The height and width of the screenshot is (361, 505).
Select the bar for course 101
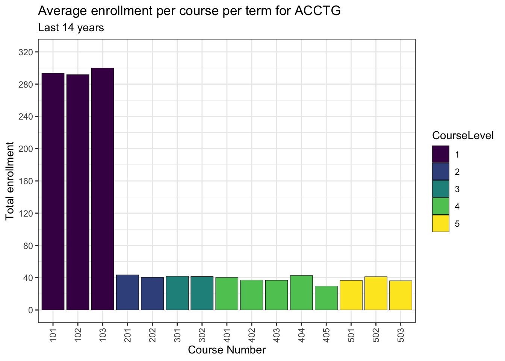(53, 191)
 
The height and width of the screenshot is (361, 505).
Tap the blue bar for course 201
(127, 293)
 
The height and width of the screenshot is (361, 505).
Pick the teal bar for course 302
(202, 293)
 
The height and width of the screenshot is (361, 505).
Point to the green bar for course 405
(326, 298)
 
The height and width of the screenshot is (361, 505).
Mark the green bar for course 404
(301, 293)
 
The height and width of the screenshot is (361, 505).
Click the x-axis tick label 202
(153, 334)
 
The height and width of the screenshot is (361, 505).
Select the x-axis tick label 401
(227, 334)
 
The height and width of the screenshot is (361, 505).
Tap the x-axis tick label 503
(401, 334)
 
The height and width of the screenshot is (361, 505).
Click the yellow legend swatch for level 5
(441, 223)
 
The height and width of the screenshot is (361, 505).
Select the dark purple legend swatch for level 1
(441, 154)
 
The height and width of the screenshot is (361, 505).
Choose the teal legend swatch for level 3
(441, 189)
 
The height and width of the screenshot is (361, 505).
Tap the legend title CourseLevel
(463, 136)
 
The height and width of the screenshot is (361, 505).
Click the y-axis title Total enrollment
(10, 181)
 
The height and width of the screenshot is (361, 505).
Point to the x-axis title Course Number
(227, 350)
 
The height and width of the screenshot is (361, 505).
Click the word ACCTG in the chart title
(318, 11)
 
